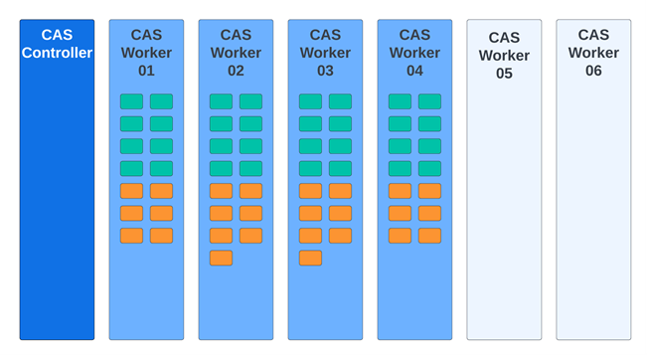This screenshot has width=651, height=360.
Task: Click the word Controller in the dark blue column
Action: [x=57, y=53]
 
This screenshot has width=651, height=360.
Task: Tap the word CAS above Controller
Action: [x=57, y=36]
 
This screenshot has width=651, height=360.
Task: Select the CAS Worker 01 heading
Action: [x=146, y=53]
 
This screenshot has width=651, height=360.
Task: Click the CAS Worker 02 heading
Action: [x=236, y=53]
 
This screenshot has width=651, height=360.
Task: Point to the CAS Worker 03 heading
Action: [x=325, y=53]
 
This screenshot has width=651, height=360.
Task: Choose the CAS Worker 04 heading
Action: [x=414, y=53]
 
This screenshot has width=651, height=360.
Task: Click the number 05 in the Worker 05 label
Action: [x=504, y=74]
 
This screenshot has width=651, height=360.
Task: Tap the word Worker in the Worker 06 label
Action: [x=593, y=53]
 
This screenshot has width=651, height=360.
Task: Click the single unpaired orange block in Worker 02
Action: [x=221, y=258]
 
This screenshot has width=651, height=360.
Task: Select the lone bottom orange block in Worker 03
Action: [x=310, y=258]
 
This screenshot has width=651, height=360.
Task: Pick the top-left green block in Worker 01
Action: [x=131, y=101]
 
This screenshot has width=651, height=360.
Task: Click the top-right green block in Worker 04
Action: [x=429, y=101]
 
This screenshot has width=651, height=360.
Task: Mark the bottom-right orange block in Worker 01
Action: [x=161, y=236]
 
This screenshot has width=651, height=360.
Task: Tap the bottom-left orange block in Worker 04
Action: [x=400, y=236]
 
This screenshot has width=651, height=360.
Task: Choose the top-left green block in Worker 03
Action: [x=310, y=101]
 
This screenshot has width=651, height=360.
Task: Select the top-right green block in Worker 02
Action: [x=250, y=101]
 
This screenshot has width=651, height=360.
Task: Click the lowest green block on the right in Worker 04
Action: [x=429, y=168]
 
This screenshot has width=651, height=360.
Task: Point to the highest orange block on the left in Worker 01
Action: [x=131, y=191]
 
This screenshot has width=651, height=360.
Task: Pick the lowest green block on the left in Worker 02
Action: [x=221, y=168]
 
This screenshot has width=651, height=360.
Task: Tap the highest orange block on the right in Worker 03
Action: [x=340, y=191]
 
